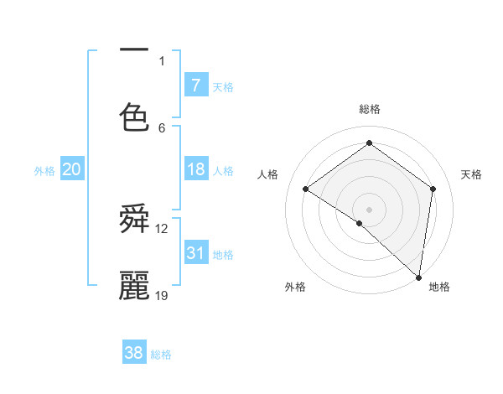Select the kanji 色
134,117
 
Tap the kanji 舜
134,220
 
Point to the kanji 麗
134,285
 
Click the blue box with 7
195,85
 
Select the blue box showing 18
195,169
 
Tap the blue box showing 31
195,252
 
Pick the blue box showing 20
71,169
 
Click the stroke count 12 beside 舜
162,228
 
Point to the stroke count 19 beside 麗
162,295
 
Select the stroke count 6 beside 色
162,127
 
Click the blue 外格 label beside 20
44,171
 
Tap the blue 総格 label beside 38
161,355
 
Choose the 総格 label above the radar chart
369,109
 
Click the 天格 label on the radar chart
471,174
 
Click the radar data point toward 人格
306,189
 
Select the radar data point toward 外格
360,223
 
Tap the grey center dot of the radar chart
369,209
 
